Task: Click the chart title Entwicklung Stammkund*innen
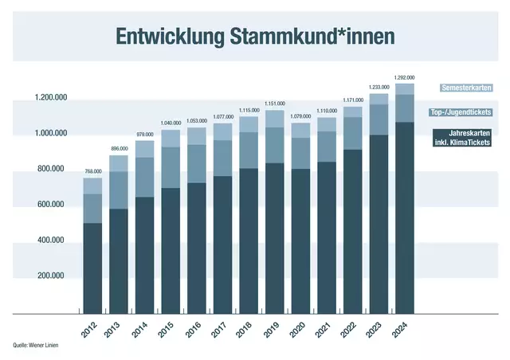tap(254, 37)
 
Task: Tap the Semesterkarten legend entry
tap(465, 88)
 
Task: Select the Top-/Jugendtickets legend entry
tap(461, 112)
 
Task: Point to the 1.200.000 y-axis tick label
tap(50, 97)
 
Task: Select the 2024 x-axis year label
tap(404, 328)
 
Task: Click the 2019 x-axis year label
tap(274, 328)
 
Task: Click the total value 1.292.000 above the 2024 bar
tap(405, 78)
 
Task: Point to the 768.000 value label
tap(93, 171)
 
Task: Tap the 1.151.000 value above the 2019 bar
tap(275, 104)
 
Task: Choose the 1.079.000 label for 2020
tap(300, 116)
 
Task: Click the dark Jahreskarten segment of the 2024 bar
tap(405, 215)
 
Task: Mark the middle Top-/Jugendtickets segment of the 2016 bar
tap(197, 163)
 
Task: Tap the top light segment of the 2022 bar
tap(352, 112)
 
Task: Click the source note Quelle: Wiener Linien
tap(36, 345)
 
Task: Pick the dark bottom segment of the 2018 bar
tap(249, 239)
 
